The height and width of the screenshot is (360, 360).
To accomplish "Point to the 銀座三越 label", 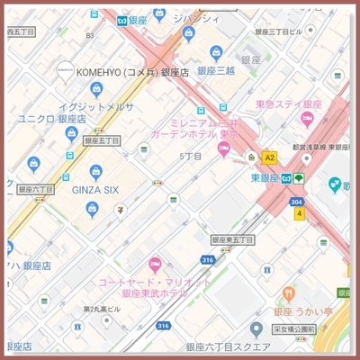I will coord(217,70).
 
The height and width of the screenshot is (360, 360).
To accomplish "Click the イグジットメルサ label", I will coord(96,105).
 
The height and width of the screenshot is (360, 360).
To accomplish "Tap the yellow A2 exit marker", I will coord(269,157).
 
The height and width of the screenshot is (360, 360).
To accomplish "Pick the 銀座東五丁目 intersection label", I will coord(233,240).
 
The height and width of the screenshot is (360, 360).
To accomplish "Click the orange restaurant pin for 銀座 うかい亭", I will coord(289,293).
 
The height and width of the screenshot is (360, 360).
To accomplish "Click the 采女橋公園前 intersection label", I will coord(294,329).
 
